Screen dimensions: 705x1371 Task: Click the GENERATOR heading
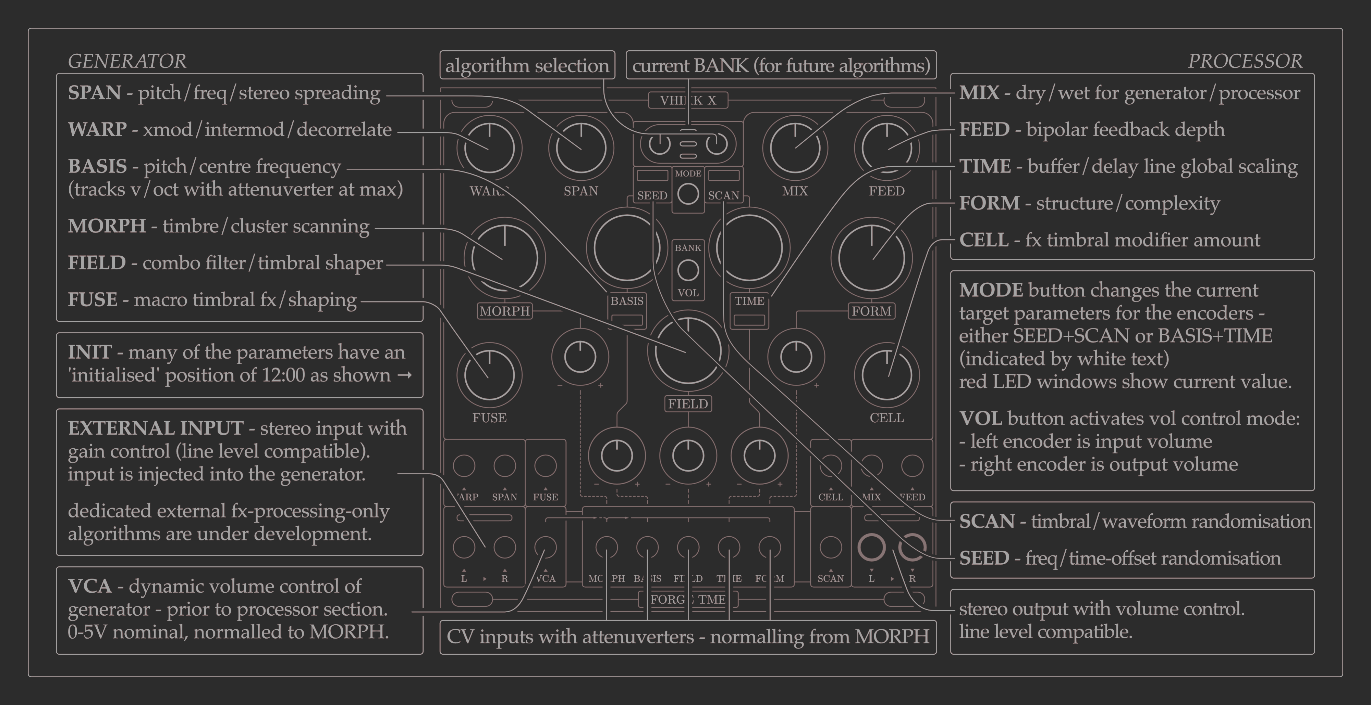point(127,61)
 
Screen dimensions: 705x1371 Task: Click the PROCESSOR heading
point(1245,61)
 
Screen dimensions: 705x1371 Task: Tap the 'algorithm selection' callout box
point(527,65)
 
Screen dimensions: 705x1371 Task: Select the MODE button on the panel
point(688,194)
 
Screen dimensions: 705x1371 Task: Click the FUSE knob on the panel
point(489,375)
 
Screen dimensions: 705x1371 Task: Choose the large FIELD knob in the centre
point(688,351)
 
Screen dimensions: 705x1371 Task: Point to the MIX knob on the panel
point(795,148)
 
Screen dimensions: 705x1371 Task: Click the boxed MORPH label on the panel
point(504,311)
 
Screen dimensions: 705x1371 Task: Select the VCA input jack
point(545,547)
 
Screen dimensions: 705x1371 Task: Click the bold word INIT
point(89,352)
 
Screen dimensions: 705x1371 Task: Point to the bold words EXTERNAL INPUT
point(156,428)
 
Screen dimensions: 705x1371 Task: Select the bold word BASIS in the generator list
point(97,166)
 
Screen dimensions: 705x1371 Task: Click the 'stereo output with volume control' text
point(1101,609)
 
